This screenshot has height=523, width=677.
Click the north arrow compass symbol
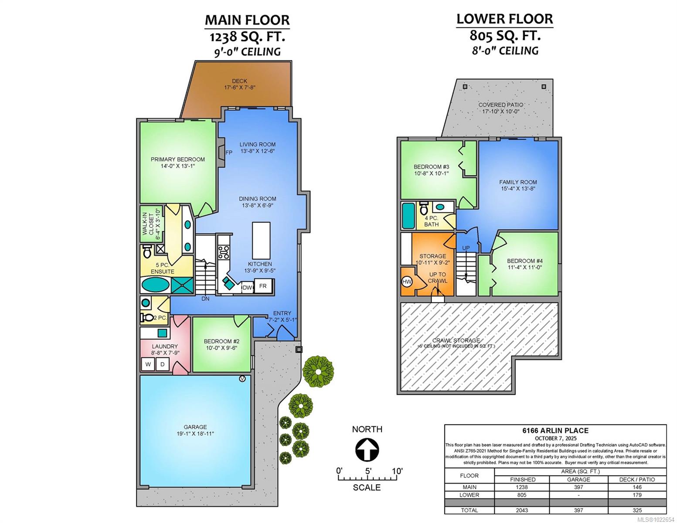367,449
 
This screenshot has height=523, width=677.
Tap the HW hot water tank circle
407,282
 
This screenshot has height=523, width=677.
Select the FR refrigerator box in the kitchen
263,286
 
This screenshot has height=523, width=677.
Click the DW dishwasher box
247,287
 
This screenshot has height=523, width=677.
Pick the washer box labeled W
148,364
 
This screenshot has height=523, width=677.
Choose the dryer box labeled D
163,364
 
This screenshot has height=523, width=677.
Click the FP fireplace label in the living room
229,153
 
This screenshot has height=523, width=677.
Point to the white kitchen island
261,240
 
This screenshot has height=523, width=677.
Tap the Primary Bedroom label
177,160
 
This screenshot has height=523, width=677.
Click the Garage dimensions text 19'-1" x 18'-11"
195,433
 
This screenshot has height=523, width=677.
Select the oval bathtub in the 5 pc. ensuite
156,285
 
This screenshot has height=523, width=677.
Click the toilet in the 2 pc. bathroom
147,318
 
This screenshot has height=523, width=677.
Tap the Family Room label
518,182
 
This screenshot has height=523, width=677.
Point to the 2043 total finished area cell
521,510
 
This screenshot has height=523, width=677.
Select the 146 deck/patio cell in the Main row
637,487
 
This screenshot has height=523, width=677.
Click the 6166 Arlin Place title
555,430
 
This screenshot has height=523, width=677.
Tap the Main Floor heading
247,20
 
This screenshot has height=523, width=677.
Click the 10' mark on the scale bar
397,471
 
